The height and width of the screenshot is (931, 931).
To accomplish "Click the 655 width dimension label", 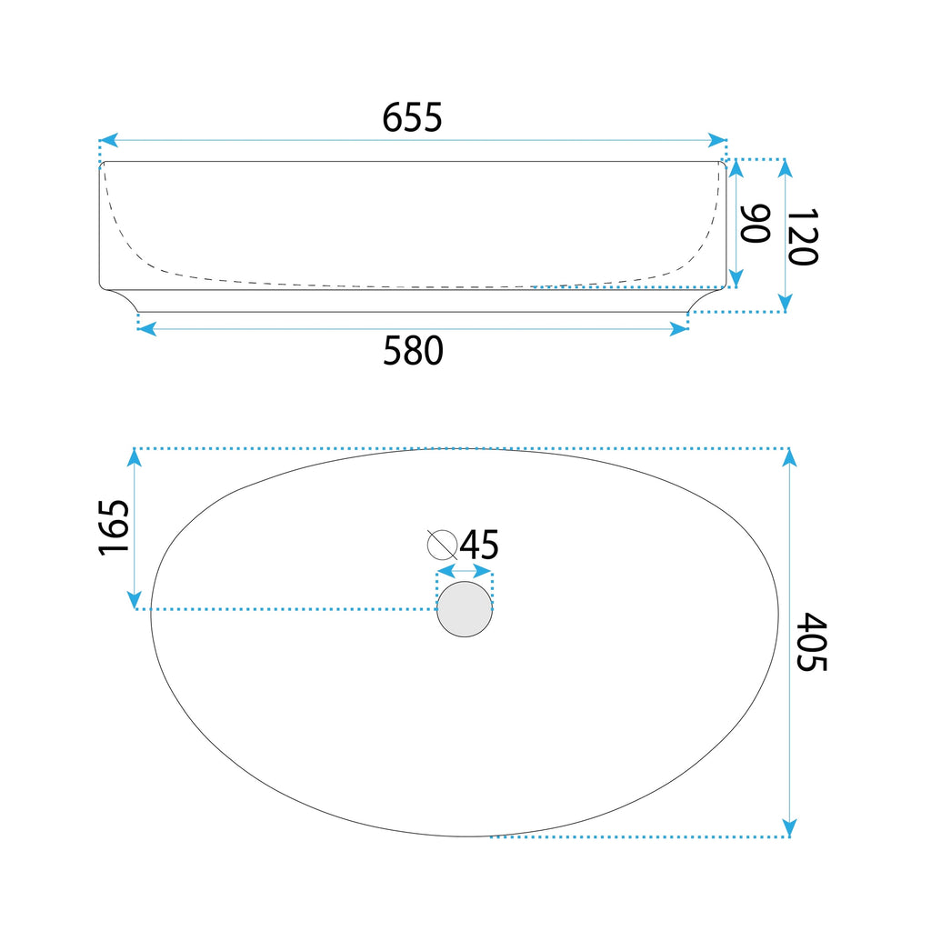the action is coord(412,117).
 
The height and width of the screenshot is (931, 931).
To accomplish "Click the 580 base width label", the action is coord(413,350).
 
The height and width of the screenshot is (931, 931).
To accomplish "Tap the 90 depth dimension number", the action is coord(756,224).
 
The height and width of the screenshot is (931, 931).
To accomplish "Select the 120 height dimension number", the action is coord(803,236).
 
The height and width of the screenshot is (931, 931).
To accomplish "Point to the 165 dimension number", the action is coord(114,528).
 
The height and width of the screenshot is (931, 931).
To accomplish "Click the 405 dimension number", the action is coord(812,642).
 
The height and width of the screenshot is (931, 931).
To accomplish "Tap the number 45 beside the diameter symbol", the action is coord(479,545).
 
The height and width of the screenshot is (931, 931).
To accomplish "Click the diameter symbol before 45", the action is coord(443,545).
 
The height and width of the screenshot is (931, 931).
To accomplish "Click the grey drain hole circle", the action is coord(465,609).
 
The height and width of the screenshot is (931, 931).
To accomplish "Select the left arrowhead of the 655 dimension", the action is coord(109,141).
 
